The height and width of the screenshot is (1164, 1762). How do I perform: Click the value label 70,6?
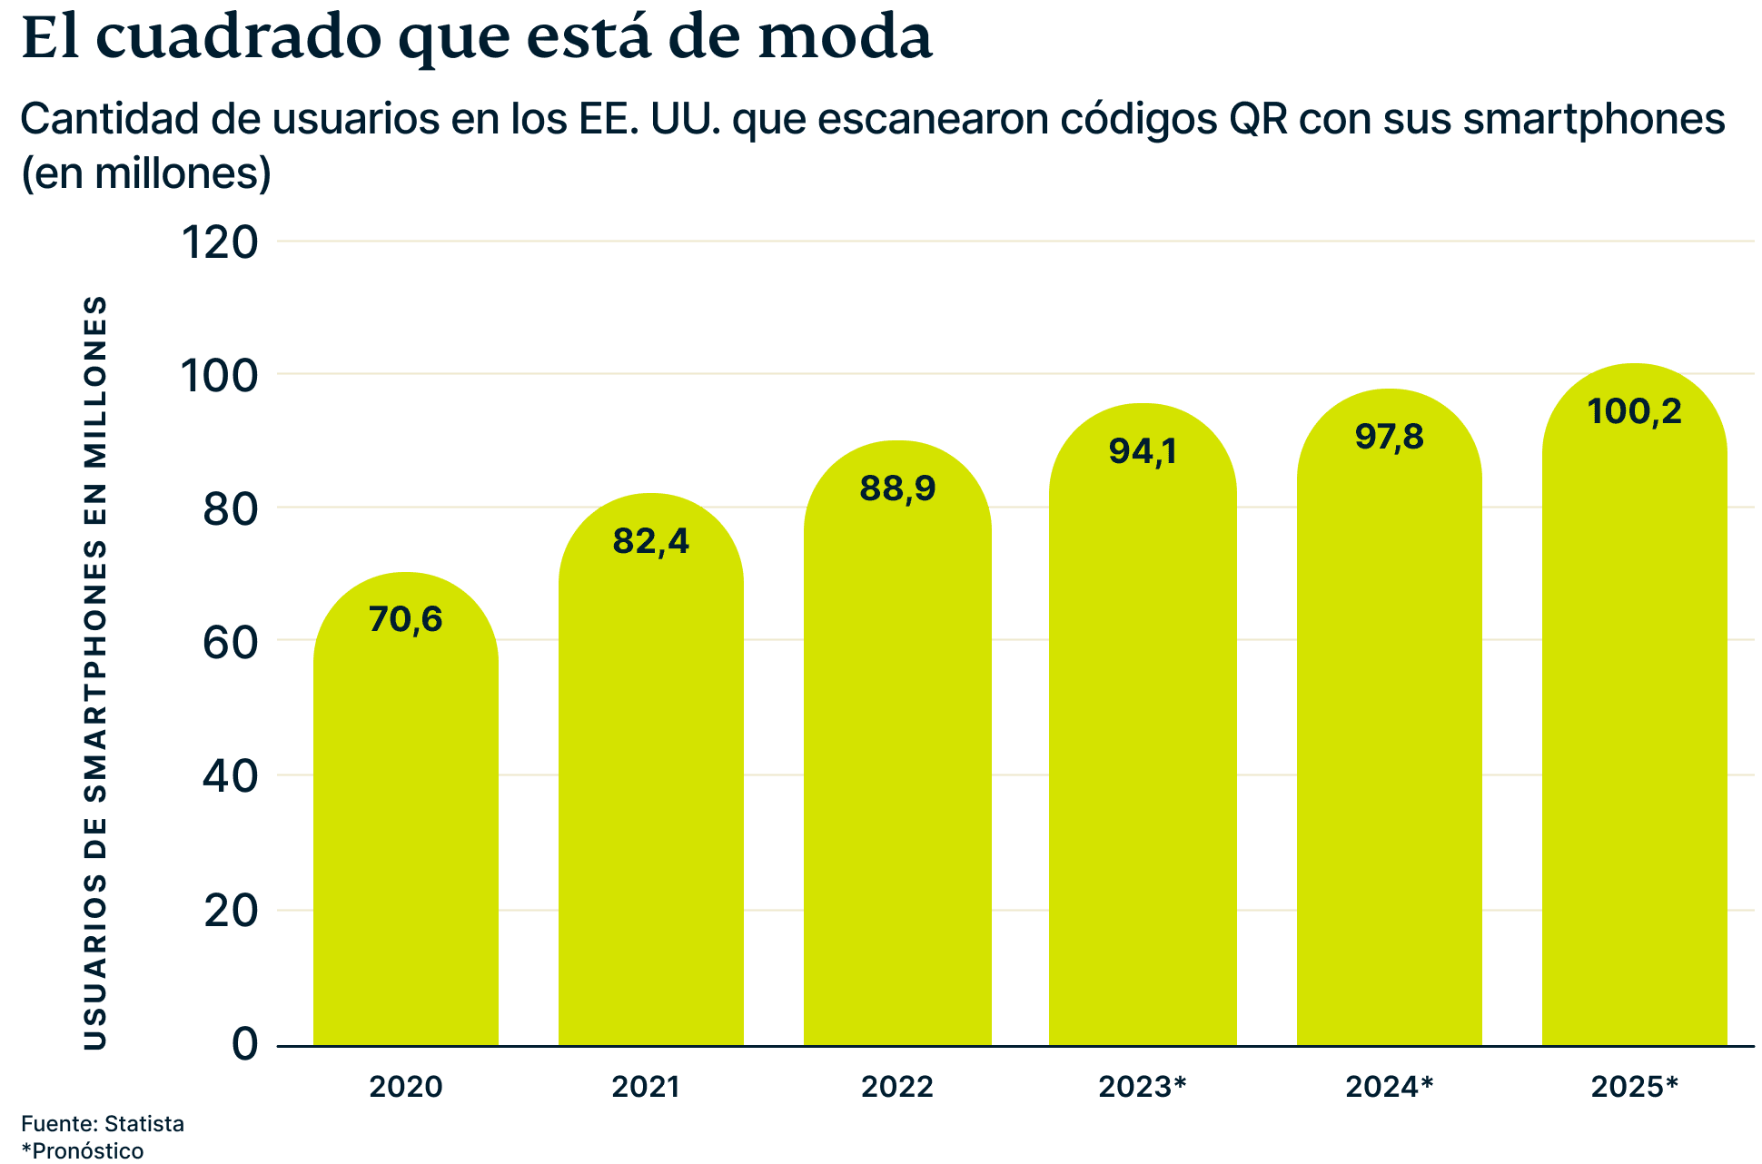click(406, 619)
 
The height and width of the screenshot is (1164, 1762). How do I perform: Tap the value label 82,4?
click(651, 541)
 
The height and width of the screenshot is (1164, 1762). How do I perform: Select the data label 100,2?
click(1634, 411)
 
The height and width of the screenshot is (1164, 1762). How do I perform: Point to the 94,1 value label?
click(1143, 450)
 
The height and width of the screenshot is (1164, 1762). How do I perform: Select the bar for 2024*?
click(1389, 754)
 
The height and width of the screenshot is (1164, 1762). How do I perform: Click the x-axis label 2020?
click(406, 1086)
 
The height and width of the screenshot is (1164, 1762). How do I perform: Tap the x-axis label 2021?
click(646, 1086)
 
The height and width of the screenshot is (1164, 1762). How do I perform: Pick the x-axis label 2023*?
click(1143, 1086)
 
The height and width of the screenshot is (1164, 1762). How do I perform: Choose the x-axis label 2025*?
click(1634, 1086)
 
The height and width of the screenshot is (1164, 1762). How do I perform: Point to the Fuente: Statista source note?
click(103, 1123)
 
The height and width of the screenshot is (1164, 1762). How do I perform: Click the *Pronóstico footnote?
click(83, 1150)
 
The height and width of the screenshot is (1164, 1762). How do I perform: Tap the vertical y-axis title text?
click(95, 672)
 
